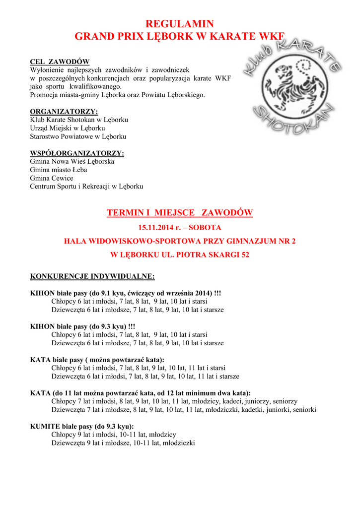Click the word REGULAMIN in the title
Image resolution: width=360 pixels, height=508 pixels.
(x=179, y=24)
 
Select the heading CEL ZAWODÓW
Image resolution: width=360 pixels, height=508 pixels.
(x=60, y=62)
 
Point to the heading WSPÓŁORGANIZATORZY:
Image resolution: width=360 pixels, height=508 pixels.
(x=77, y=153)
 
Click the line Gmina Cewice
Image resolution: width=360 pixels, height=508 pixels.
(x=51, y=178)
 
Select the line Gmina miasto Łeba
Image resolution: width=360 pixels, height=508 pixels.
(x=58, y=170)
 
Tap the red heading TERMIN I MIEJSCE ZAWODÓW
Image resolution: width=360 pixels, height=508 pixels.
(x=180, y=213)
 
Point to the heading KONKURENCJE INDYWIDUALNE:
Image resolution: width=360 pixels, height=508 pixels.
(x=92, y=276)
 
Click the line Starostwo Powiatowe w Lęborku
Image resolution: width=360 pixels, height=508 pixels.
(x=78, y=136)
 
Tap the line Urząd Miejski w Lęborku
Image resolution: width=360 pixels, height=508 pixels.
(x=68, y=128)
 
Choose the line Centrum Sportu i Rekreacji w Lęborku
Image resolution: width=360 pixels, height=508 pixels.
(x=86, y=187)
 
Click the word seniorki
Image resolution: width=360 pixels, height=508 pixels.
(x=304, y=410)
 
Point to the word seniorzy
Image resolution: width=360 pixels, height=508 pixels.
(x=285, y=401)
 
